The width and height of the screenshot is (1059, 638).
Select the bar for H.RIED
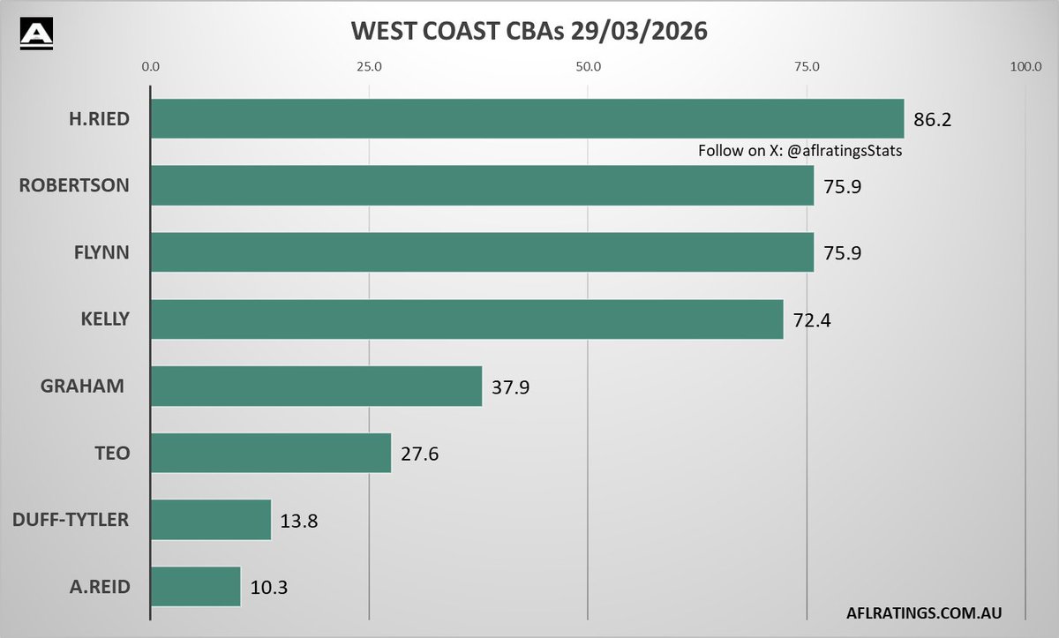pyautogui.click(x=527, y=118)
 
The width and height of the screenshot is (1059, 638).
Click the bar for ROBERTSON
pyautogui.click(x=482, y=186)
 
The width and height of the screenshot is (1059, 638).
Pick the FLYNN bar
pyautogui.click(x=482, y=253)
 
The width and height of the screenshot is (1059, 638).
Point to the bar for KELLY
pyautogui.click(x=467, y=319)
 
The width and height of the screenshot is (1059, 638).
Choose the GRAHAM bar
pyautogui.click(x=316, y=387)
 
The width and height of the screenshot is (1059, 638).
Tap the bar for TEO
pyautogui.click(x=271, y=453)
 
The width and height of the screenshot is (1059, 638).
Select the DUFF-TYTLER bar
pyautogui.click(x=211, y=520)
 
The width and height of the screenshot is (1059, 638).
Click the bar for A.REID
pyautogui.click(x=195, y=587)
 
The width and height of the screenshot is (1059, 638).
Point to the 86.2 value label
pyautogui.click(x=932, y=120)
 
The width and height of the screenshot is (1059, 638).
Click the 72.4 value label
pyautogui.click(x=811, y=320)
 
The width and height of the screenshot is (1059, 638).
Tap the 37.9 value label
pyautogui.click(x=509, y=387)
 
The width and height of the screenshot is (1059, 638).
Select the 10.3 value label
pyautogui.click(x=268, y=588)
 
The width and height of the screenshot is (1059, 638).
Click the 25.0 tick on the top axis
pyautogui.click(x=369, y=66)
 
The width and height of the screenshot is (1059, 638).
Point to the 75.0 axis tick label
pyautogui.click(x=807, y=66)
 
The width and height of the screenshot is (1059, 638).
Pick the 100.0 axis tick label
pyautogui.click(x=1025, y=66)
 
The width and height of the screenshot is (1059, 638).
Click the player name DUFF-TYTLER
pyautogui.click(x=71, y=520)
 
